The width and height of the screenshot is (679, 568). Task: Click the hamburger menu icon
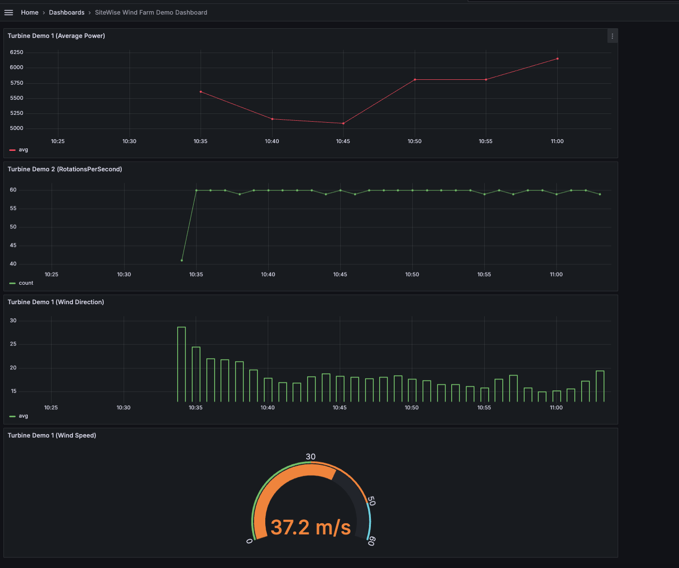[x=9, y=13]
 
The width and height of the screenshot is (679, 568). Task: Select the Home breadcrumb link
[x=30, y=13]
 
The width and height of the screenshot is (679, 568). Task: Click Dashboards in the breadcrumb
[x=67, y=13]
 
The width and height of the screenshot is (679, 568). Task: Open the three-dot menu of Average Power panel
[x=612, y=36]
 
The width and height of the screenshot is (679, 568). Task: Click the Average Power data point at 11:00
[x=557, y=59]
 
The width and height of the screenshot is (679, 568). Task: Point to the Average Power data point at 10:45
[x=343, y=124]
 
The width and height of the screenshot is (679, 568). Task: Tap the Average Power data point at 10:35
[x=201, y=92]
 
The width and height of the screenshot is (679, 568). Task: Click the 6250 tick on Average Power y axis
[x=17, y=52]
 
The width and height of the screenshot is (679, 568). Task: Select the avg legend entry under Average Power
[x=23, y=150]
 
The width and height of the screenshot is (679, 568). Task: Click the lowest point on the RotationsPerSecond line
[x=182, y=260]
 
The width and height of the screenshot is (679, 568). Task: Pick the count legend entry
[x=26, y=283]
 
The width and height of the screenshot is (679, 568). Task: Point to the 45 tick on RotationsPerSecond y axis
[x=13, y=246]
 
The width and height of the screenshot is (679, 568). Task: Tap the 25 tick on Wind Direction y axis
[x=13, y=344]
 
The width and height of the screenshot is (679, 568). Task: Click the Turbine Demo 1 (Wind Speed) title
[x=52, y=436]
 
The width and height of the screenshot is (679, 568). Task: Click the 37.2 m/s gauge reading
[x=311, y=528]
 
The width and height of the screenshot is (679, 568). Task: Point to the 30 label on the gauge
[x=311, y=457]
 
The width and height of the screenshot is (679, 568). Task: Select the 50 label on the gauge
[x=371, y=501]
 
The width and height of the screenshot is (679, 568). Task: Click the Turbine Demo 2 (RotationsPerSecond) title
[x=65, y=169]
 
